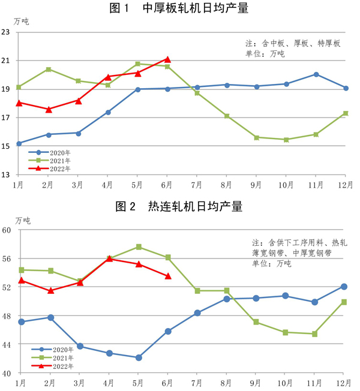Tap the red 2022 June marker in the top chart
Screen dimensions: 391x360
pyautogui.click(x=167, y=59)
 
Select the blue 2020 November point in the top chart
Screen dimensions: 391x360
pyautogui.click(x=316, y=74)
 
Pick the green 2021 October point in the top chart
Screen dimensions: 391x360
pyautogui.click(x=286, y=140)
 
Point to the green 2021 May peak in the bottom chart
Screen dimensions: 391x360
pyautogui.click(x=139, y=247)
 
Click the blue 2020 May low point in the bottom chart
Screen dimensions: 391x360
pyautogui.click(x=139, y=357)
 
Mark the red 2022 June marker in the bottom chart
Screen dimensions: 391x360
pyautogui.click(x=168, y=276)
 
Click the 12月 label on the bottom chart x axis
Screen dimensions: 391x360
pyautogui.click(x=344, y=382)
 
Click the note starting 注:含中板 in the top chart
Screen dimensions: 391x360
pyautogui.click(x=293, y=43)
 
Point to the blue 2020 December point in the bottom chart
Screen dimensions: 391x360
pyautogui.click(x=344, y=287)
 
